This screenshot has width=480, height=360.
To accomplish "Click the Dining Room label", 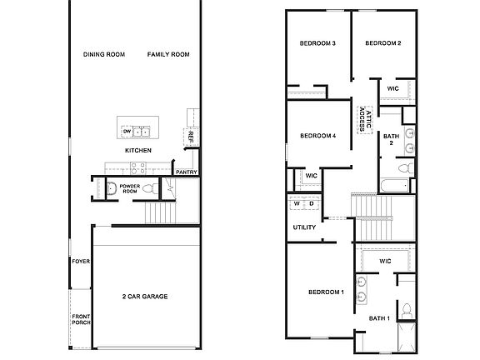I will coord(104,55).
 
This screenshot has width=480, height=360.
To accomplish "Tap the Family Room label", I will coord(169,55).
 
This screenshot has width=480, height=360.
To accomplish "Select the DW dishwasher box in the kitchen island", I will coord(127,132).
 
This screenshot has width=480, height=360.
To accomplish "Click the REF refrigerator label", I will coord(191,137).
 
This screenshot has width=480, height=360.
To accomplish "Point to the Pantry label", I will coord(186,172).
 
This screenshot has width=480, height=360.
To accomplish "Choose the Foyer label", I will coord(81,262).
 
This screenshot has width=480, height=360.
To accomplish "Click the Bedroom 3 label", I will coord(317,43).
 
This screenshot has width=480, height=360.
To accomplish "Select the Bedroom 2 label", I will coord(383,43).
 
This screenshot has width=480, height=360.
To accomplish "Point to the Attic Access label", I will coord(364,117).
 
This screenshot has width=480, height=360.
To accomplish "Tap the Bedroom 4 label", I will coord(317,136).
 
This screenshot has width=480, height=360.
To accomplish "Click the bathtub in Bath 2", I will coord(392,184).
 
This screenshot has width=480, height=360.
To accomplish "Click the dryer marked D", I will coord(312,204).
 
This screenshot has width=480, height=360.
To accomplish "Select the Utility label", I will coord(303,227).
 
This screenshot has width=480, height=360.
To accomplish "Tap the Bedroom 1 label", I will coord(326,292).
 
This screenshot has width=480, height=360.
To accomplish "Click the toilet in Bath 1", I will coord(406,310).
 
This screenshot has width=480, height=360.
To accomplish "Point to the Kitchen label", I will coord(137,151).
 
